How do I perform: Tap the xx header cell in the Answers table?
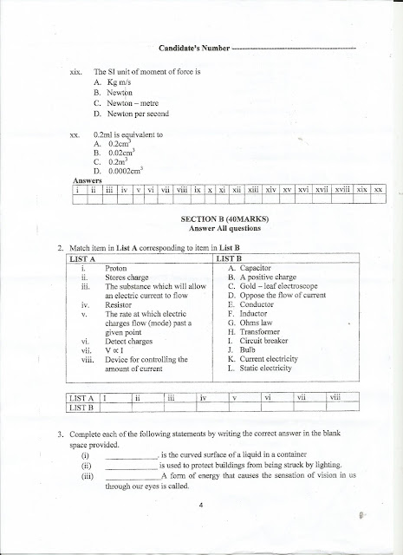point(378,188)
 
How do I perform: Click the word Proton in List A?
point(116,269)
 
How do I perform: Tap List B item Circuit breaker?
point(263,340)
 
